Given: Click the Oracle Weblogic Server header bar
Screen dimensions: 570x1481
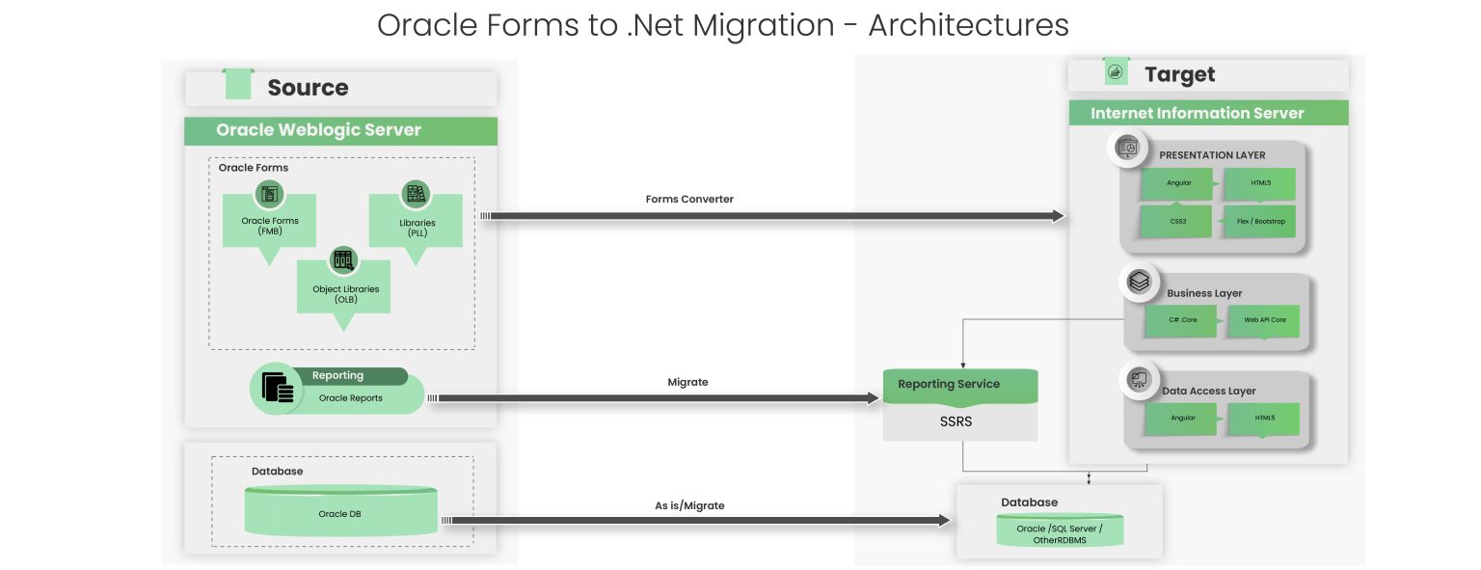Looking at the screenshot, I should coord(340,130).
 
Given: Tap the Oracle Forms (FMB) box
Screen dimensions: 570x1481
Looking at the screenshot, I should coord(269,226).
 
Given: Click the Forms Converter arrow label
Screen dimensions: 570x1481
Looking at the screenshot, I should coord(688,200).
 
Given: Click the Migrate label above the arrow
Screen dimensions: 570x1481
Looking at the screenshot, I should coord(687,382).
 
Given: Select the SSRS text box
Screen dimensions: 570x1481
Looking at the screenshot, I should coord(959,422).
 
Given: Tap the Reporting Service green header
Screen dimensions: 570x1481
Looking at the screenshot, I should coord(959,384).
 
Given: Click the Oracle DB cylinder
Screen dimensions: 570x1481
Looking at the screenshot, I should coord(339,513).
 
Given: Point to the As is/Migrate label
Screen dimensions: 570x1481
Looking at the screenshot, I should coord(688,505).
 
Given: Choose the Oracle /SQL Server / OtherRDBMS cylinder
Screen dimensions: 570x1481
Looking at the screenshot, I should coord(1059,531).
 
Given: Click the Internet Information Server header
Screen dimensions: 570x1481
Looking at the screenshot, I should coord(1208,113).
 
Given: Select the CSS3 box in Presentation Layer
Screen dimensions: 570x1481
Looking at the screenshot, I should coord(1176,221).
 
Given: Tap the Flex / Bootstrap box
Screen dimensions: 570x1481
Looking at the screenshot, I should coord(1259,221).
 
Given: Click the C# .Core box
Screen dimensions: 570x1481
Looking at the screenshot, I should coord(1181,320).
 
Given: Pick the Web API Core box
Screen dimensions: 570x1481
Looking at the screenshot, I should coord(1263,320).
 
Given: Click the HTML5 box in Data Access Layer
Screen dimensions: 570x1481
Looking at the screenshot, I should coord(1263,418).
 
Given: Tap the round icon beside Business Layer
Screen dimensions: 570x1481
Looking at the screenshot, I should coord(1139,282).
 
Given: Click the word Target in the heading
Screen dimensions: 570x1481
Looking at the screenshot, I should coord(1179,75).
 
